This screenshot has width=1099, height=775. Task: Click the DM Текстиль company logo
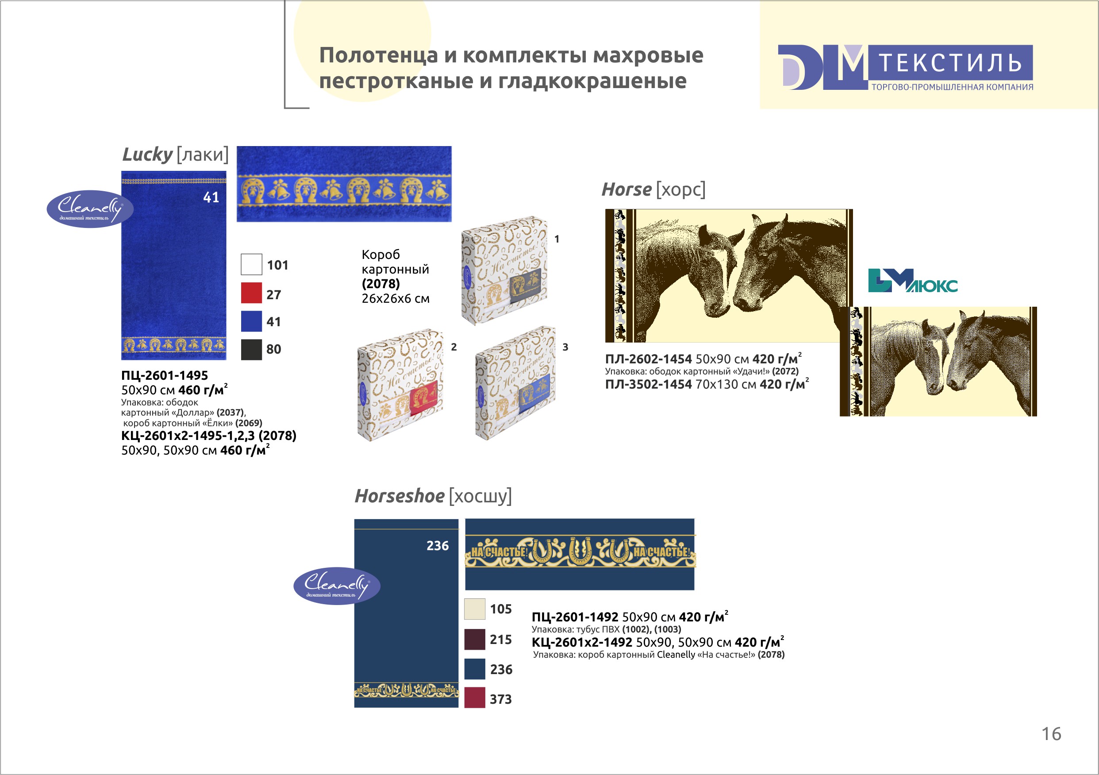click(905, 68)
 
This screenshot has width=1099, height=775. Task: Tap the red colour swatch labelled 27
click(251, 293)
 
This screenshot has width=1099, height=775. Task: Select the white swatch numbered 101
click(251, 264)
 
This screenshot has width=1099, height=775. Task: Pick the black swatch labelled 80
click(251, 349)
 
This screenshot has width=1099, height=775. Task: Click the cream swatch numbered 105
click(475, 609)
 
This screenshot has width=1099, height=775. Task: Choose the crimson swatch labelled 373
click(475, 698)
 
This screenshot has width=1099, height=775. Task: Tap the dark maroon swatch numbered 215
click(475, 639)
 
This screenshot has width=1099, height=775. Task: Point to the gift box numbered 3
click(515, 383)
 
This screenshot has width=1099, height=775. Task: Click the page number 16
click(1051, 734)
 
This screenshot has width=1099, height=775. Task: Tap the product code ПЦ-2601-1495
click(165, 375)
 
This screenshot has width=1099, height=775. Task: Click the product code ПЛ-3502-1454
click(649, 384)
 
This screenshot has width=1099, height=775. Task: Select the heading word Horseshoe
click(399, 496)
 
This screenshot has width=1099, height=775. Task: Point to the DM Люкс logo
click(912, 281)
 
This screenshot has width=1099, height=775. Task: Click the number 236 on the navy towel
click(438, 546)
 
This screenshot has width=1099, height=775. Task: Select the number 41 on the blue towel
click(211, 197)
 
